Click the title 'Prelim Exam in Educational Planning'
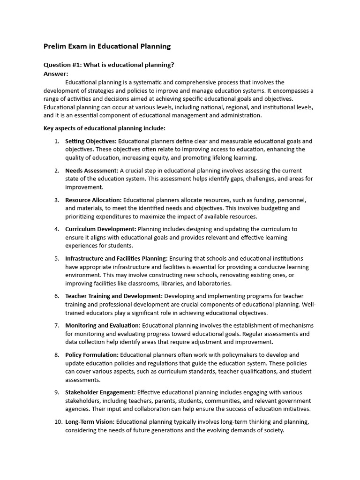(x=107, y=46)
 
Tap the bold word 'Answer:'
(x=56, y=74)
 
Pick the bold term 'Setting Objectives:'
(x=90, y=141)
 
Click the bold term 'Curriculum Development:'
(x=100, y=229)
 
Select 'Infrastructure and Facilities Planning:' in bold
(x=116, y=258)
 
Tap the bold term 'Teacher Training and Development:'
(x=114, y=296)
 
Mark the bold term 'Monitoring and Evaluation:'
(x=103, y=325)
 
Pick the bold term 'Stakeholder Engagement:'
(x=100, y=392)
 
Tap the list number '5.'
(x=57, y=258)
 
